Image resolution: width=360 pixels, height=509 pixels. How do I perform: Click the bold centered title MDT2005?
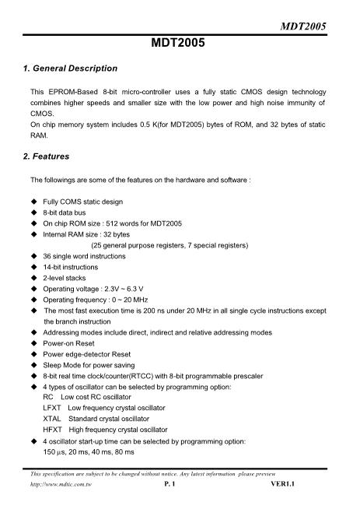click(179, 44)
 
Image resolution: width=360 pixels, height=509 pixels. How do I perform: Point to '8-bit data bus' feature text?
click(72, 212)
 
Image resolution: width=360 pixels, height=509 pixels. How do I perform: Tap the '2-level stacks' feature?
click(70, 278)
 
